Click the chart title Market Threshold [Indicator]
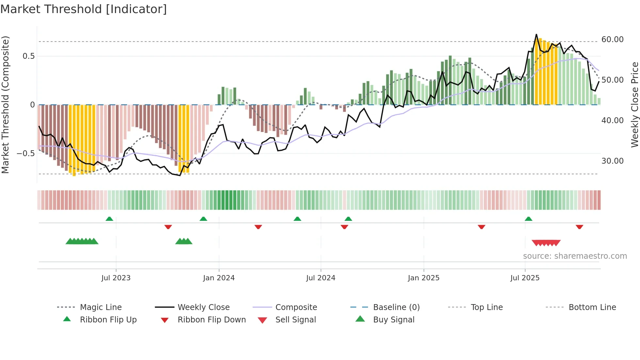pos(84,9)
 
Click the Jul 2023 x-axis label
pos(116,278)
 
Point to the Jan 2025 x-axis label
pos(424,278)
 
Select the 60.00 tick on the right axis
pos(612,40)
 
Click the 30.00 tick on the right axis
pos(612,161)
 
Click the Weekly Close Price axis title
pos(634,105)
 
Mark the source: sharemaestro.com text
pos(575,256)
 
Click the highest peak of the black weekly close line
pos(536,34)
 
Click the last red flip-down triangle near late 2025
pos(580,227)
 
